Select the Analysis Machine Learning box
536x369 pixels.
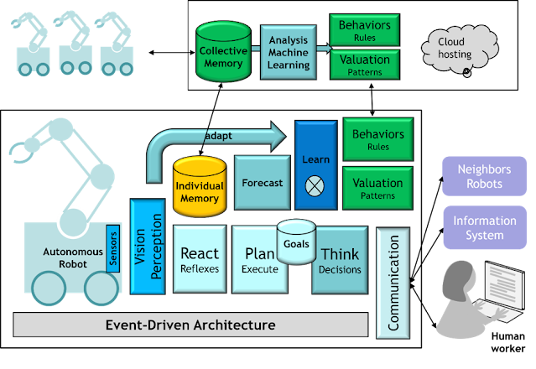click(289, 53)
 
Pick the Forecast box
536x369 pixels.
click(262, 182)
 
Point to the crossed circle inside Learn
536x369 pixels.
click(315, 186)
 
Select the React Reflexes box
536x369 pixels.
click(200, 259)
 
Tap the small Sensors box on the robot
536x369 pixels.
click(113, 247)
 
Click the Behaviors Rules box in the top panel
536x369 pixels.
click(364, 30)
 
